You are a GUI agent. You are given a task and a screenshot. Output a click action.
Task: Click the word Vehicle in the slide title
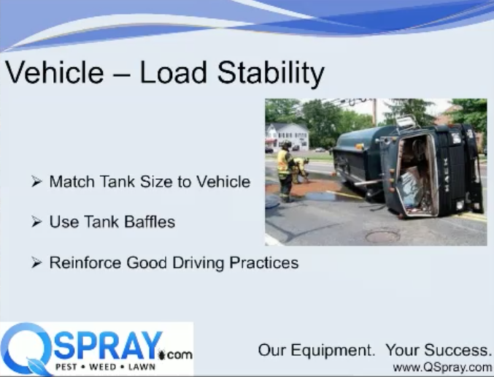click(x=55, y=72)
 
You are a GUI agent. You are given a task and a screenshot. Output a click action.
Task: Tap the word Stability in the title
click(x=271, y=74)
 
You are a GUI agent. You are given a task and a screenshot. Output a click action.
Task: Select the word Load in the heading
click(x=173, y=72)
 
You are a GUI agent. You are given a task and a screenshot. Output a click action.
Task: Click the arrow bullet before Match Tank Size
click(x=36, y=181)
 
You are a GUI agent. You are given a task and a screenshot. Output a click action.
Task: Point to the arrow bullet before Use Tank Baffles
click(x=36, y=221)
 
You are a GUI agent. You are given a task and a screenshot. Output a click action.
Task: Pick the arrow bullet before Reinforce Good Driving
click(x=36, y=262)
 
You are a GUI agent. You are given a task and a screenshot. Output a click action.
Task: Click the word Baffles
click(x=150, y=221)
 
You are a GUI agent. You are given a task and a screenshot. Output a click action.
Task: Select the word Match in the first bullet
click(x=72, y=181)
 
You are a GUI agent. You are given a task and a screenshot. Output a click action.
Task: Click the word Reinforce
click(x=85, y=262)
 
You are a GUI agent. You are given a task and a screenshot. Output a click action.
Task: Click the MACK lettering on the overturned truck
click(x=446, y=175)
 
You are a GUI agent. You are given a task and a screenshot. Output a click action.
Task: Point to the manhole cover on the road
click(x=382, y=236)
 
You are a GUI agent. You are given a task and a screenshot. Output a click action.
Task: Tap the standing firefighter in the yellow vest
click(x=285, y=171)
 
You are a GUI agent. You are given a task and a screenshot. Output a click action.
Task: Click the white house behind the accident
click(x=287, y=136)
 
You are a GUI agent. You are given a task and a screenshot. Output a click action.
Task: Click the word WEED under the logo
click(x=102, y=367)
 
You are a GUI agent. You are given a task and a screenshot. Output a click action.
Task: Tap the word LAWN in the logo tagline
click(x=142, y=367)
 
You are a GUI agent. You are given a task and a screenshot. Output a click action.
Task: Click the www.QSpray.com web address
click(x=442, y=368)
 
